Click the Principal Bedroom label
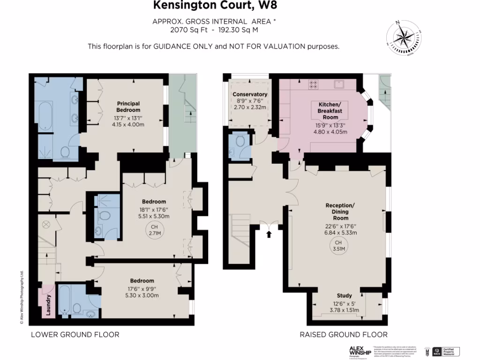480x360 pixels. click(x=128, y=106)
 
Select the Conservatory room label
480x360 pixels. click(x=250, y=94)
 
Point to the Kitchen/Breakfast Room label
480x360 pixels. click(x=330, y=110)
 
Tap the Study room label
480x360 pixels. click(x=344, y=296)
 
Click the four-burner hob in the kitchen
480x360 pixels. click(x=314, y=85)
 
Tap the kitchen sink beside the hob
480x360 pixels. click(x=338, y=84)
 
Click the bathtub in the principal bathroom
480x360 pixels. click(x=45, y=116)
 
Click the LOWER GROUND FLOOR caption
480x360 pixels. click(x=75, y=335)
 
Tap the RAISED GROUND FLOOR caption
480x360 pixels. click(x=344, y=335)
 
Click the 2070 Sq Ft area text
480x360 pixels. click(x=187, y=30)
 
